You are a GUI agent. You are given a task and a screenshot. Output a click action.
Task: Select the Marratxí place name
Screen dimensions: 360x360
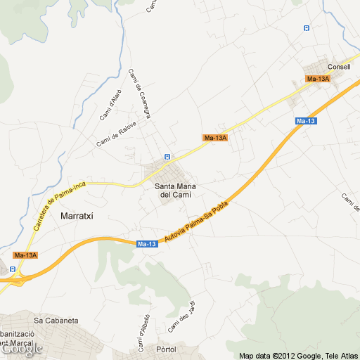coord(82,216)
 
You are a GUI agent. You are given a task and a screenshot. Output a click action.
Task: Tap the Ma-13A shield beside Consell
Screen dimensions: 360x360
coord(319,79)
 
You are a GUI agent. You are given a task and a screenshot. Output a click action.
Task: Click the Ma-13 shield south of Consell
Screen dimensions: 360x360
coord(306,122)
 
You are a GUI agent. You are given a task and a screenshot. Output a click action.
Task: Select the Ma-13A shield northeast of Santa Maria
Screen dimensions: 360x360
coord(215,138)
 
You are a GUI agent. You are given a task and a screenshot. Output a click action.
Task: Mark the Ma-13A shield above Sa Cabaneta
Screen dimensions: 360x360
coord(25,255)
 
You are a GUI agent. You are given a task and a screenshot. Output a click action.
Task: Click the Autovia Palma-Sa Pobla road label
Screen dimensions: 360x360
coord(198,221)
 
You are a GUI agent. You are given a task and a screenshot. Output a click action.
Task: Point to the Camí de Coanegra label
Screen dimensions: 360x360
coord(139,94)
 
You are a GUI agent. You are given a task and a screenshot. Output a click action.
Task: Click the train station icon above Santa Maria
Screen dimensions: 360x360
coord(167,156)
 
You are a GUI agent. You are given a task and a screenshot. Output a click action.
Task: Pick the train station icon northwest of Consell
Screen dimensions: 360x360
coord(306,28)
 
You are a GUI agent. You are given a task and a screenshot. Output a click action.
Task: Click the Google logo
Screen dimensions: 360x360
coord(21,348)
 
